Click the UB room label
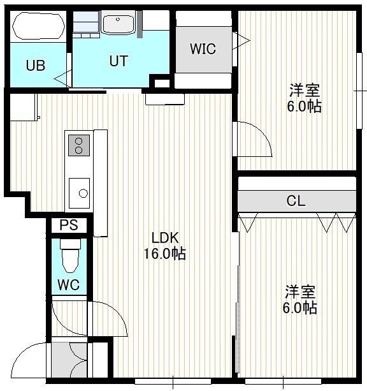point(36,66)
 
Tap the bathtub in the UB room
point(39,26)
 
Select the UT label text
point(119,61)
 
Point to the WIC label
point(203,49)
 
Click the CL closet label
point(296,201)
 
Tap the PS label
point(69,225)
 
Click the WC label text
point(69,284)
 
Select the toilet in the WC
point(71,256)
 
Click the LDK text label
point(165,238)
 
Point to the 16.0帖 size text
point(165,254)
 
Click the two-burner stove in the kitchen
point(79,145)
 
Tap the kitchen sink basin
point(79,193)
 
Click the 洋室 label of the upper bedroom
point(305,91)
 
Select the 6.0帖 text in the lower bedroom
point(299,308)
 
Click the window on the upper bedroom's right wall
point(359,91)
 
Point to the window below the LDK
point(173,381)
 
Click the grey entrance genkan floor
point(69,360)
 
